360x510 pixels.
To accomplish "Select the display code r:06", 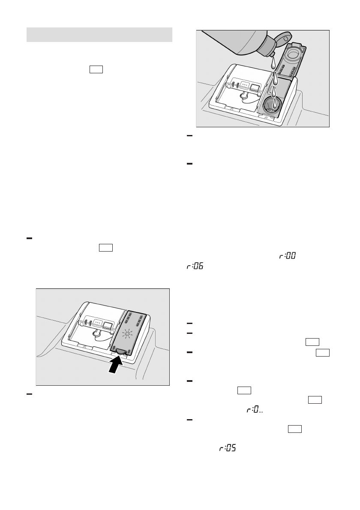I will click(195, 267).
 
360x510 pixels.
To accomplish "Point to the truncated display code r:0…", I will click(254, 410).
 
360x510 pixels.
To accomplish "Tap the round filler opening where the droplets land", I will click(271, 105).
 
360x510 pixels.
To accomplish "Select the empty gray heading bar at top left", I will click(99, 35).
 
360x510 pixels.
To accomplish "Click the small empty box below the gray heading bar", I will click(96, 70).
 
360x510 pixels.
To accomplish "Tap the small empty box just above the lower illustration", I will click(105, 248).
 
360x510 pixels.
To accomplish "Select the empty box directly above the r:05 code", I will click(294, 429).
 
